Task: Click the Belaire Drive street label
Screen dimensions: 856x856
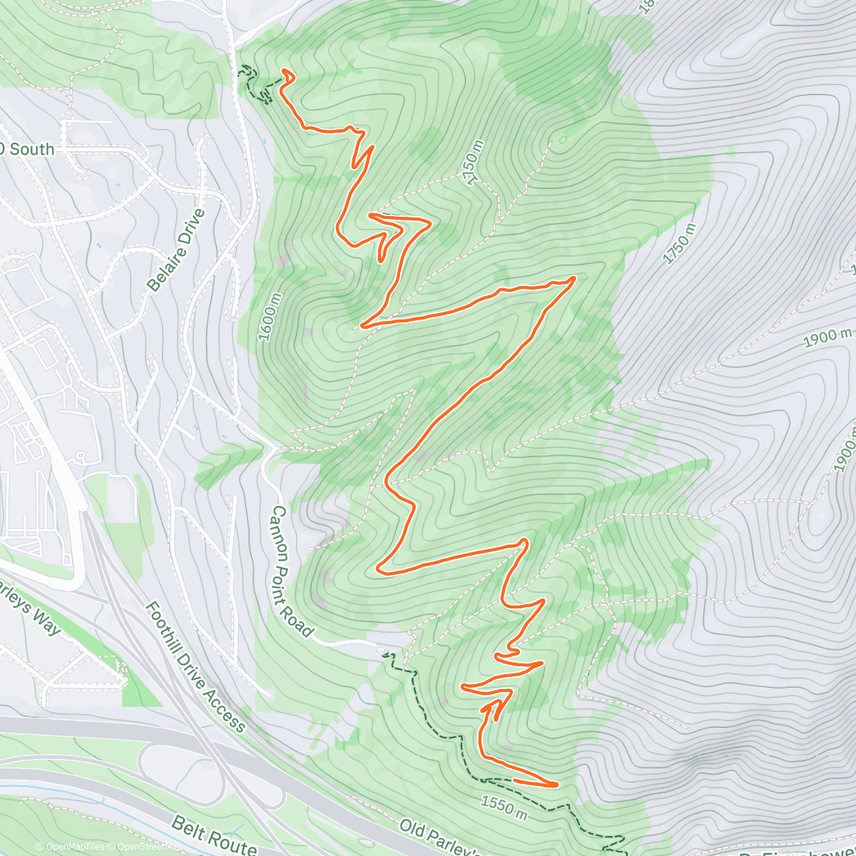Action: tap(175, 250)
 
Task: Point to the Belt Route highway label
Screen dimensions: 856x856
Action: tap(214, 834)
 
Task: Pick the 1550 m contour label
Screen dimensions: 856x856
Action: tap(504, 807)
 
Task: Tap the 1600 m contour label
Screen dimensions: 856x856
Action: tap(270, 317)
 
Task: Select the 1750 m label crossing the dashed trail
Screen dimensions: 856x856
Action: tap(473, 163)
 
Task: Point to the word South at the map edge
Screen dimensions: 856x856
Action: tap(31, 149)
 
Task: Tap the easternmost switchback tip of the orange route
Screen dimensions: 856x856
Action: tap(574, 279)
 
